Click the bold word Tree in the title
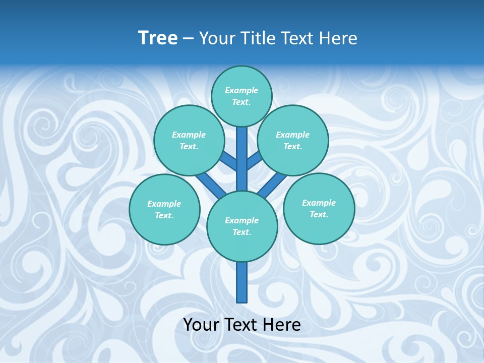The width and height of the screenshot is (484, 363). coord(158,38)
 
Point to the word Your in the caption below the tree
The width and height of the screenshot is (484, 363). coord(201,325)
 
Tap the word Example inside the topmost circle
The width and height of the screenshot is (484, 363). coord(241,90)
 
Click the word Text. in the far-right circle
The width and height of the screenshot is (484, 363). coord(319,214)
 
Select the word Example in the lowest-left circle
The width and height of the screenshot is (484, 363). coord(164,204)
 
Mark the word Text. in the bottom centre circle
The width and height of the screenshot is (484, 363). coord(242,232)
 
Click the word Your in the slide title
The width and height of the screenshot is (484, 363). coord(217,38)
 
